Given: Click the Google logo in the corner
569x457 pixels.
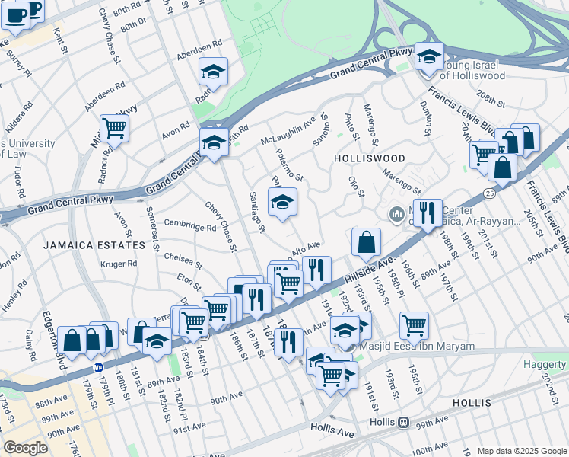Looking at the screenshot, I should point(25,447).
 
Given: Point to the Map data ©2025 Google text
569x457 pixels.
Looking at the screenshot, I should point(522,451).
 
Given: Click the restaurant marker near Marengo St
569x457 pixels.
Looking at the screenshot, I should point(430,213).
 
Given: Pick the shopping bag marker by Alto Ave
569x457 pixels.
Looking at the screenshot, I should point(366,241).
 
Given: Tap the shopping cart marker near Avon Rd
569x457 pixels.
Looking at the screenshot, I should point(114,128).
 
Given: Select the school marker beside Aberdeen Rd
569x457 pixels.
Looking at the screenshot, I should point(214,71).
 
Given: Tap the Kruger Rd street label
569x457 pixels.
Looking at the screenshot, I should point(119,264).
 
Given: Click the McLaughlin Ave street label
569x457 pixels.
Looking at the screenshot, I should point(288,131).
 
